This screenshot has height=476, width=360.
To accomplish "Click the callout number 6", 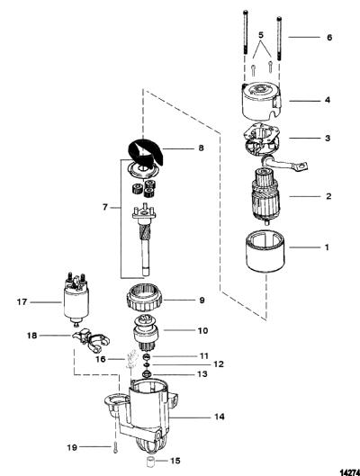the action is point(329,38).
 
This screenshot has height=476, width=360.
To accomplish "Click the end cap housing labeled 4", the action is point(262,103).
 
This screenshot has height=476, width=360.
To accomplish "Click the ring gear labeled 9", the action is point(144,301).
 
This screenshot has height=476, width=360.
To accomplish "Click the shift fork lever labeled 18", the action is point(91,341).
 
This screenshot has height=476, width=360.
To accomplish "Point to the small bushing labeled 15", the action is point(149,461).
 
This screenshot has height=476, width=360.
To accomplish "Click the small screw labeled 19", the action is point(115,448).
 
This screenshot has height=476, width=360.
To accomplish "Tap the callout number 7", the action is point(105,207).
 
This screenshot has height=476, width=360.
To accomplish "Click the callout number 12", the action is point(218,364).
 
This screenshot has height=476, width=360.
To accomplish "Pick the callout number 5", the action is point(261,35).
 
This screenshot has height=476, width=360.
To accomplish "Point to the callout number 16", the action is point(101,359).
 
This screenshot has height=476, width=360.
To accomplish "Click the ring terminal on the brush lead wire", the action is point(302,166).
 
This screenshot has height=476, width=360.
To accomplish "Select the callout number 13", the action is point(202,374).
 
